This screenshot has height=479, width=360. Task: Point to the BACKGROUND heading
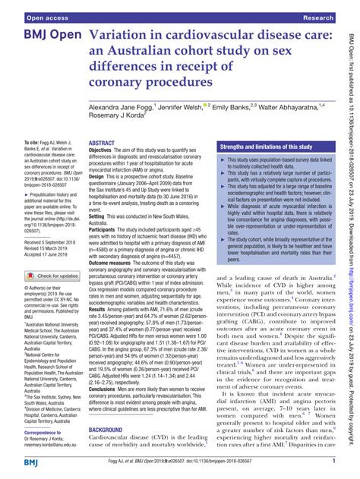(x=110, y=430)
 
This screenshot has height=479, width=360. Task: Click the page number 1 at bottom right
(x=334, y=462)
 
